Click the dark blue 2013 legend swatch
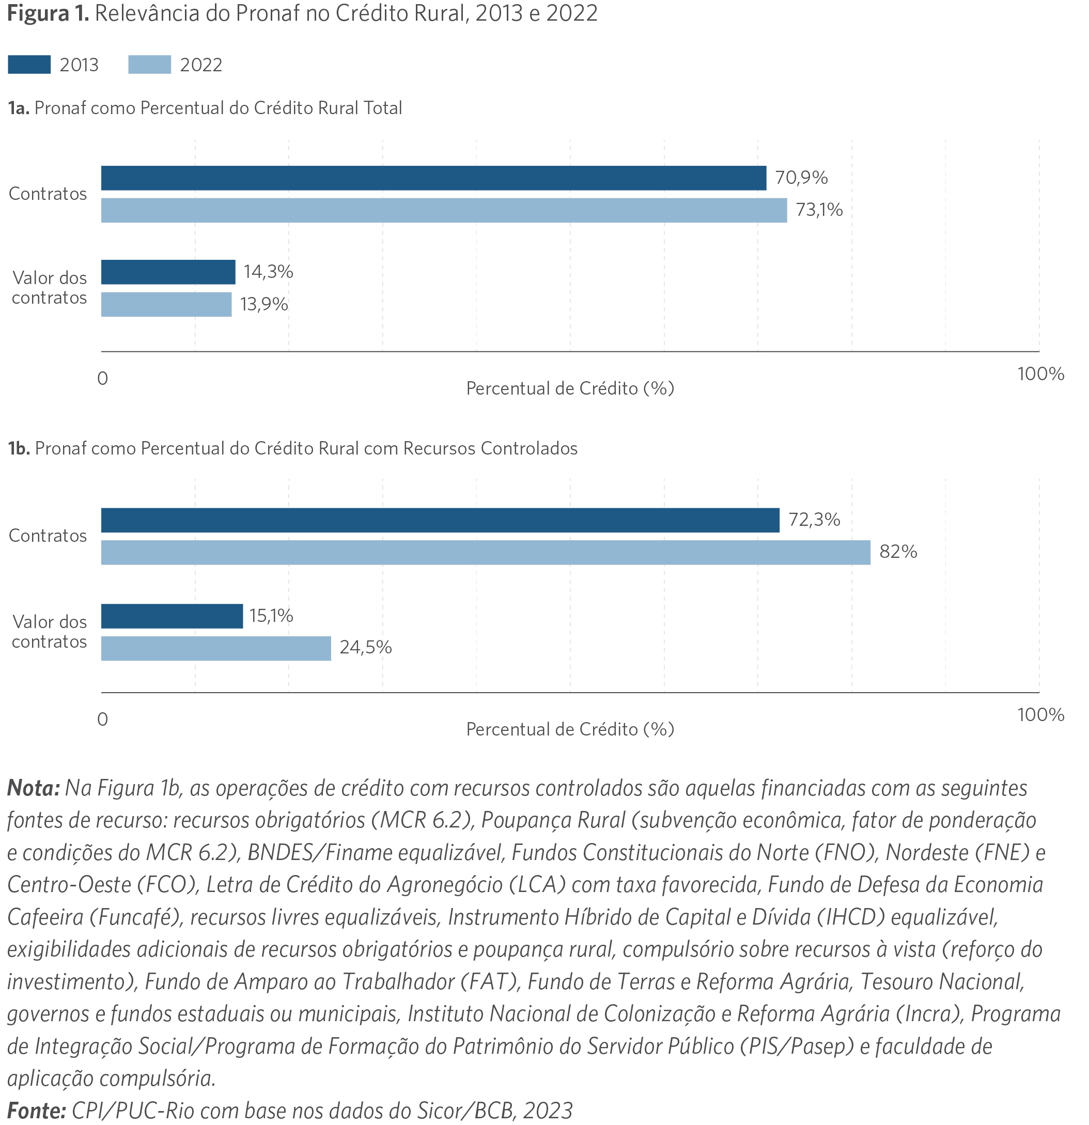pyautogui.click(x=29, y=64)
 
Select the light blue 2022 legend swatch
pyautogui.click(x=149, y=64)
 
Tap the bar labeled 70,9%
pyautogui.click(x=433, y=178)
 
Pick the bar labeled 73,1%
pyautogui.click(x=444, y=210)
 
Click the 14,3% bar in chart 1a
pyautogui.click(x=168, y=272)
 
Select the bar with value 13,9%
pyautogui.click(x=166, y=304)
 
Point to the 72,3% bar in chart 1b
pyautogui.click(x=440, y=520)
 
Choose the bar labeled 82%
pyautogui.click(x=486, y=552)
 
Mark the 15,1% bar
pyautogui.click(x=172, y=616)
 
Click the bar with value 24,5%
pyautogui.click(x=216, y=648)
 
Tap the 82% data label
pyautogui.click(x=898, y=552)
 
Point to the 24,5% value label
pyautogui.click(x=366, y=647)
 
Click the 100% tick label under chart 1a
pyautogui.click(x=1041, y=374)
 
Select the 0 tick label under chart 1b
pyautogui.click(x=103, y=719)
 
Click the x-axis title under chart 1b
pyautogui.click(x=570, y=729)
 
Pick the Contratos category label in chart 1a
pyautogui.click(x=48, y=194)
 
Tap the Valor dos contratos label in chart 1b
pyautogui.click(x=50, y=631)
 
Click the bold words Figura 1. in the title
pyautogui.click(x=48, y=13)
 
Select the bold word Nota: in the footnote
pyautogui.click(x=33, y=788)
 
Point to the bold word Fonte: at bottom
pyautogui.click(x=37, y=1110)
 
